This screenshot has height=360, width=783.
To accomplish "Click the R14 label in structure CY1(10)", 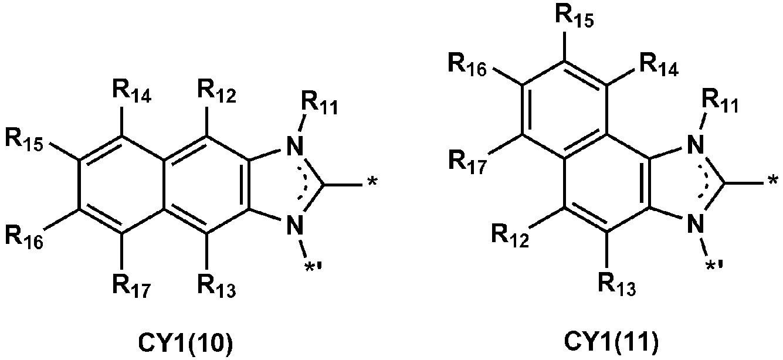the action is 132,91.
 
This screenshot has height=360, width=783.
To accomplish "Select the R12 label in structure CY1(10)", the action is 217,91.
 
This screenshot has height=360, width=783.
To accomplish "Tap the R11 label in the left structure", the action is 320,103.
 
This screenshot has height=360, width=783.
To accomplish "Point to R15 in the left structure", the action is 24,140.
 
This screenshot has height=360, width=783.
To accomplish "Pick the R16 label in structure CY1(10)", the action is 24,238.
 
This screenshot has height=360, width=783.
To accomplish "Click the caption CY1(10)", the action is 185,344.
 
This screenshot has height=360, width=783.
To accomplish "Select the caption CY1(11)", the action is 611,344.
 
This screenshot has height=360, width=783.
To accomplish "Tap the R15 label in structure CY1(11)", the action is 574,16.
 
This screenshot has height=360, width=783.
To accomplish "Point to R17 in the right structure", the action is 467,163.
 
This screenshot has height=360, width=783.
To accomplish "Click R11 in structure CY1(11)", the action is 720,101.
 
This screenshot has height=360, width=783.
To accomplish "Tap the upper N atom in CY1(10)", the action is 294,146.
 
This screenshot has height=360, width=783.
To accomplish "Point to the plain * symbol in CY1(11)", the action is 773,181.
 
